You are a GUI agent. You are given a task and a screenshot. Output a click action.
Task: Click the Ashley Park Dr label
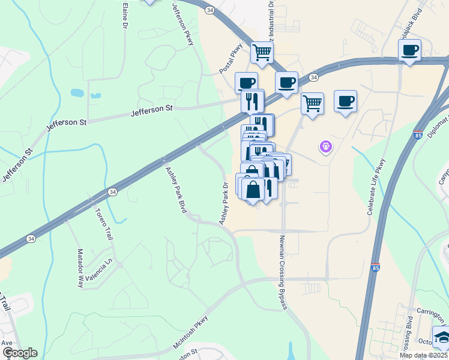225,203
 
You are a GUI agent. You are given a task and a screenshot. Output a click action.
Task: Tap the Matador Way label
80,268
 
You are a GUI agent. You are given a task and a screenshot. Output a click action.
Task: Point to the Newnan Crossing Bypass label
283,272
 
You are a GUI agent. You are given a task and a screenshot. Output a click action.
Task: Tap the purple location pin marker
326,146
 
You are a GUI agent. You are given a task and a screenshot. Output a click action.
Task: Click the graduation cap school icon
441,337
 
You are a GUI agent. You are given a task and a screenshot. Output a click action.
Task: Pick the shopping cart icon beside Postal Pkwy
262,52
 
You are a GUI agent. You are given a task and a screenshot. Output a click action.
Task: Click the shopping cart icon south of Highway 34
312,103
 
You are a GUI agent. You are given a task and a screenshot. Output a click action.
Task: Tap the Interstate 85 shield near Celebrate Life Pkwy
375,266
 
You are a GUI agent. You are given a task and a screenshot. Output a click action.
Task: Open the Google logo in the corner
19,353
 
